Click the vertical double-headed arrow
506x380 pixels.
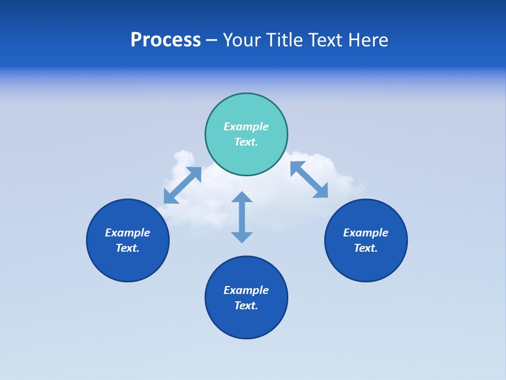[x=242, y=217]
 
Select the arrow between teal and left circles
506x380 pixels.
[x=182, y=185]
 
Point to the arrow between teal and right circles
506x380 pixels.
[x=309, y=179]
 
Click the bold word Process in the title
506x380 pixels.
[x=166, y=40]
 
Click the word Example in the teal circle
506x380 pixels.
[x=246, y=127]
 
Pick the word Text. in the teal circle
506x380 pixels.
[x=246, y=142]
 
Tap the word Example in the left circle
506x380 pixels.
[x=128, y=233]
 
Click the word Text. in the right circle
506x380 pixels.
[x=366, y=248]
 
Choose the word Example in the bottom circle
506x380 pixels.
[x=246, y=290]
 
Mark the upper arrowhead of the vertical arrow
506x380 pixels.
[x=242, y=197]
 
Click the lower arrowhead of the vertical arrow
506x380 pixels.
[x=242, y=237]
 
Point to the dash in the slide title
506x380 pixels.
[x=212, y=40]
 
